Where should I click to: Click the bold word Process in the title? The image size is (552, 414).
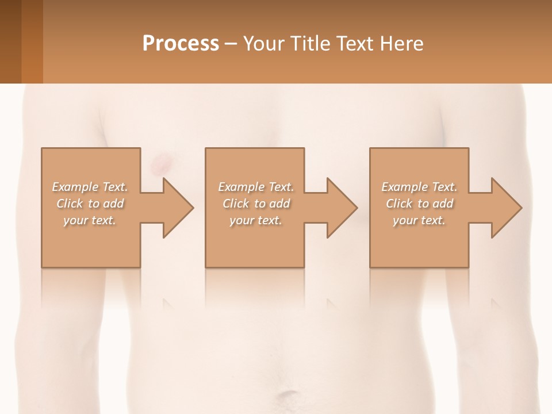coord(181,44)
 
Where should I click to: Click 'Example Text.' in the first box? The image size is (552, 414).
coord(90,187)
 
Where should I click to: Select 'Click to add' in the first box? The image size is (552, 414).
coord(90,204)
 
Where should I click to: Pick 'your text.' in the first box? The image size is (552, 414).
coord(90,220)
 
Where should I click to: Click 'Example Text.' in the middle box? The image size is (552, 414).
coord(256,187)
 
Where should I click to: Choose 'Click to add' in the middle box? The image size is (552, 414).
coord(256,204)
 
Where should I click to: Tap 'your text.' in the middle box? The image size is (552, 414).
coord(256,220)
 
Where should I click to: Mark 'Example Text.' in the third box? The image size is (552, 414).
coord(419,187)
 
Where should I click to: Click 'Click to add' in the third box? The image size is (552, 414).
coord(419,204)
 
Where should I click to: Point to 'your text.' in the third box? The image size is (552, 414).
coord(419,220)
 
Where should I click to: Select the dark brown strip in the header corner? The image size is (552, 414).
coord(10,41)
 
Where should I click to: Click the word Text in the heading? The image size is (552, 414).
coord(355,44)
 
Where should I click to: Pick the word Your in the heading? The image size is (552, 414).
coord(264,44)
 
